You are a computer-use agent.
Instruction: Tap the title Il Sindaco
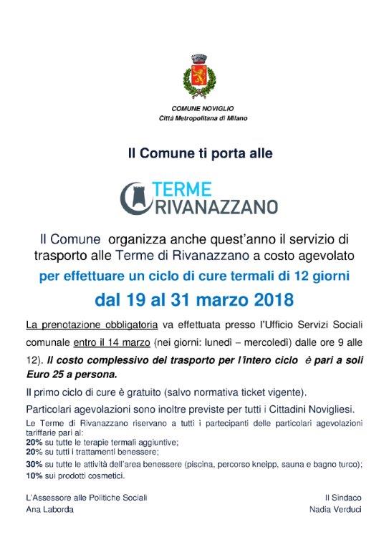[341, 496]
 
